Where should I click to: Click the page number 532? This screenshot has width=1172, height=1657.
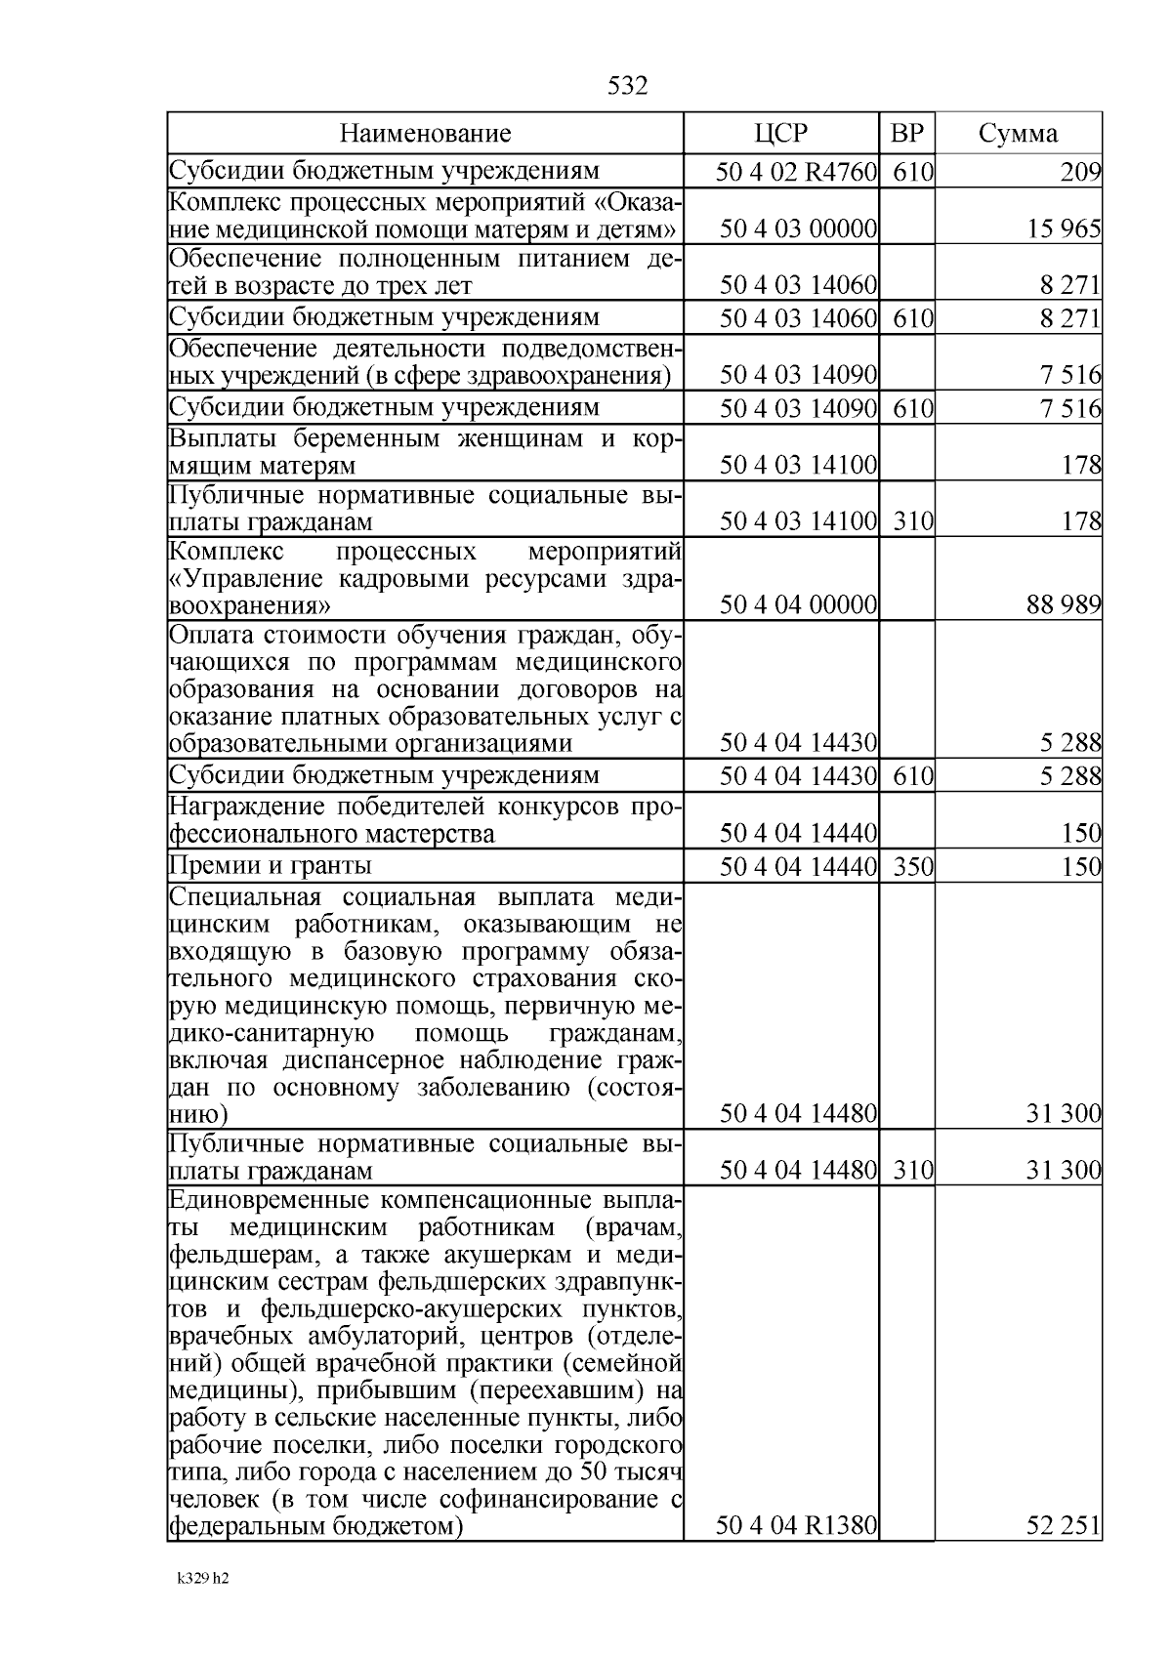click(627, 86)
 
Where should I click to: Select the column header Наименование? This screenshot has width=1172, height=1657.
click(425, 134)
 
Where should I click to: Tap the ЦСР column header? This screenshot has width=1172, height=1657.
click(780, 134)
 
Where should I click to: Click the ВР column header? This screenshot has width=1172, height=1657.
click(906, 134)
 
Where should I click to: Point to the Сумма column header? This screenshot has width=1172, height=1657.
click(1018, 134)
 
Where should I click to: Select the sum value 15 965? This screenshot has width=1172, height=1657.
click(1064, 229)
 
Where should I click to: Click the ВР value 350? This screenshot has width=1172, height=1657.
click(913, 866)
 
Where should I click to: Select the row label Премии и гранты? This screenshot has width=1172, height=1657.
click(271, 866)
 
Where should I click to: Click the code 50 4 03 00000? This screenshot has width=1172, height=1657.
click(797, 229)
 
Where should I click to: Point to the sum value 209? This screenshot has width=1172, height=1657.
click(1080, 173)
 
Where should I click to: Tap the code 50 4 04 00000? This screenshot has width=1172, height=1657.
click(797, 604)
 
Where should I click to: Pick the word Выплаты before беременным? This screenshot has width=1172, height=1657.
click(221, 437)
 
